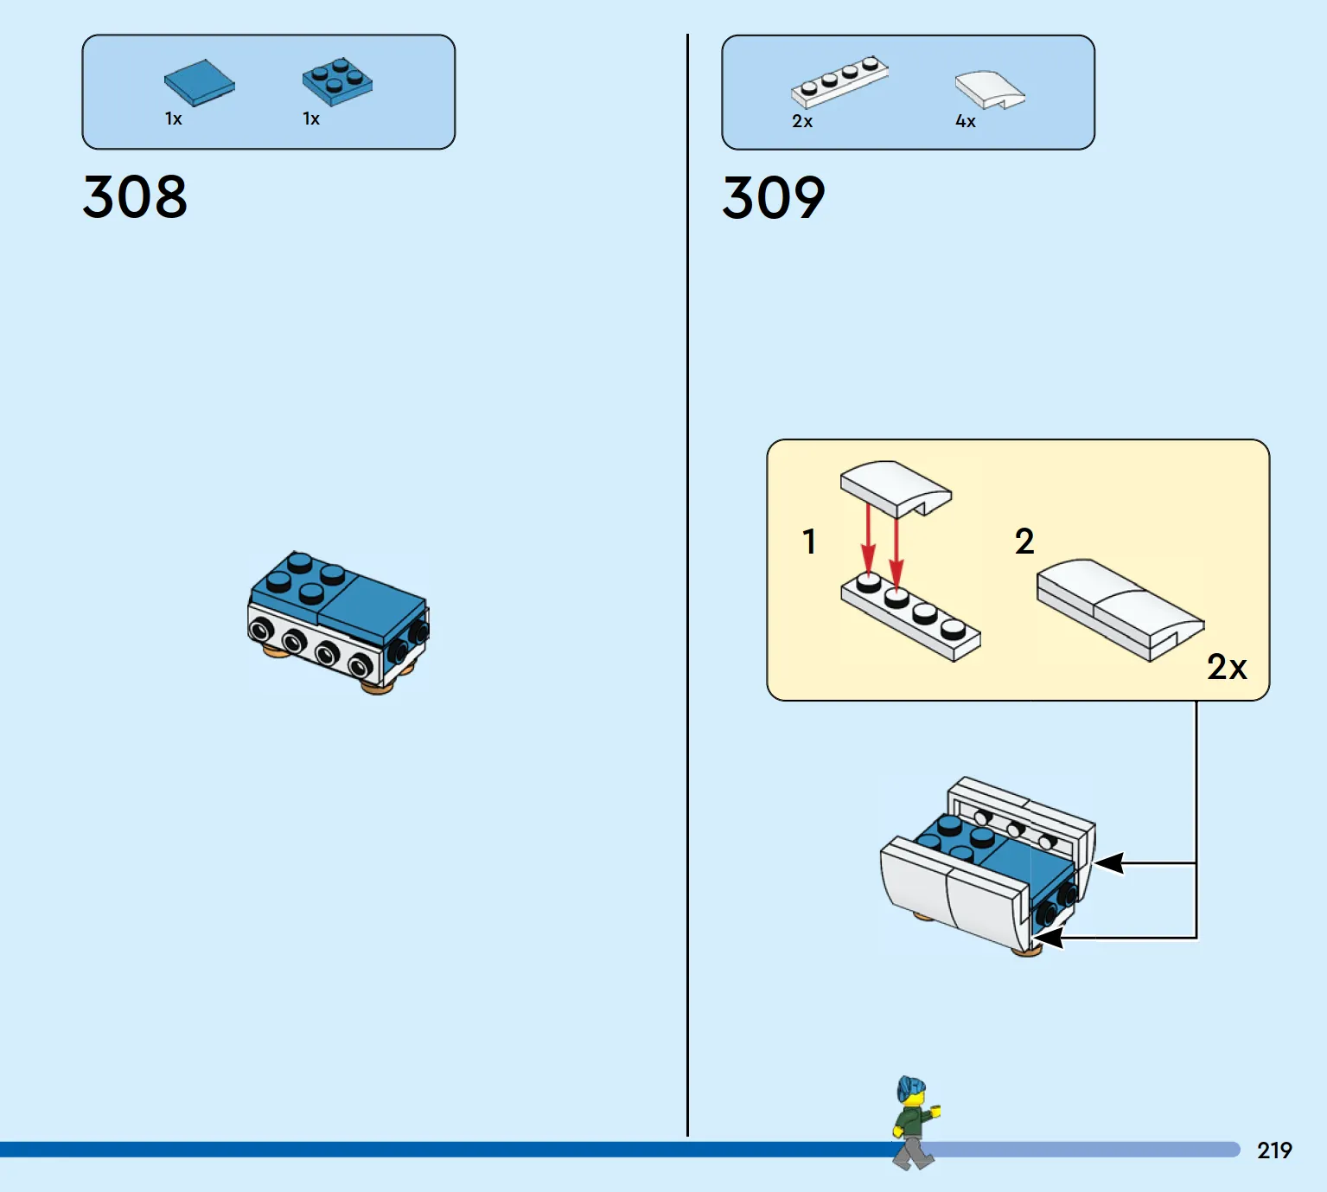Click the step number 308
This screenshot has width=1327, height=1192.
tap(135, 196)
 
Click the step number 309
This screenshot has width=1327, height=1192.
tap(774, 197)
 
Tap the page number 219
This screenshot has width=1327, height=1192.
tap(1274, 1150)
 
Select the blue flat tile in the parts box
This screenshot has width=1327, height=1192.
tap(199, 82)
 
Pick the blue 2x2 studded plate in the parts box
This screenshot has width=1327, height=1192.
tap(337, 82)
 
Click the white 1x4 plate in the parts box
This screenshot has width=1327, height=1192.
tap(839, 81)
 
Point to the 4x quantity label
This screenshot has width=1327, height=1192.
tap(966, 121)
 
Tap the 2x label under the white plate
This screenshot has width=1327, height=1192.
tap(802, 121)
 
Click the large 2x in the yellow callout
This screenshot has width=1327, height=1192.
tap(1227, 667)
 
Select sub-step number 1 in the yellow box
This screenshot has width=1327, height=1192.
tap(809, 542)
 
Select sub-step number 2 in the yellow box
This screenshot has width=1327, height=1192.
tap(1024, 542)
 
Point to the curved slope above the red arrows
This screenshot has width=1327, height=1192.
tap(896, 488)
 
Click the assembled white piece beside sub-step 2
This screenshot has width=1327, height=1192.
tap(1120, 609)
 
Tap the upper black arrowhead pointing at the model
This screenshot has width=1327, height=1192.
tap(1109, 862)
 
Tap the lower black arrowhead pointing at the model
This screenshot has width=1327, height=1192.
tap(1049, 937)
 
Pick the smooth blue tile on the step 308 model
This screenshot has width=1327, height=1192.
tap(371, 606)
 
